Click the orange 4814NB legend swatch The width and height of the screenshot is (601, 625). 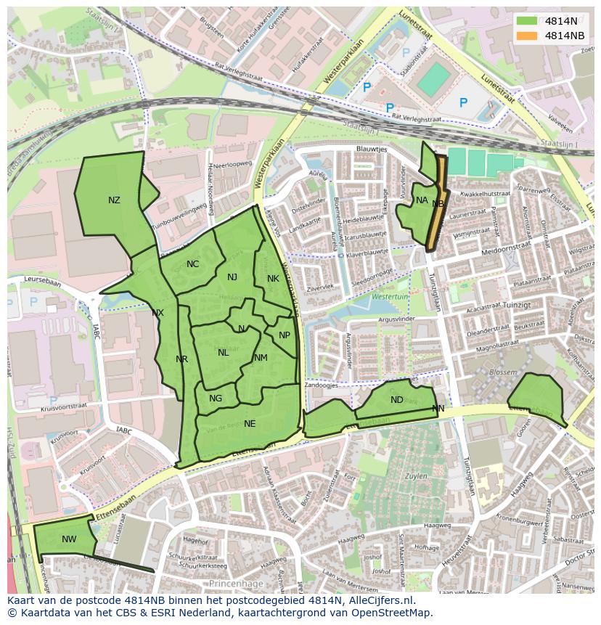tap(528, 36)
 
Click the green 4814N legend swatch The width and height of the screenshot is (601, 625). tap(528, 21)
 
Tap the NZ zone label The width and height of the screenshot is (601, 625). tap(114, 200)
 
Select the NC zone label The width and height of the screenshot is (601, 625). tap(192, 264)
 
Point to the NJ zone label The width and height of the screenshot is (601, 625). tap(232, 277)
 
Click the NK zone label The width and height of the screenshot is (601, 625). tap(273, 279)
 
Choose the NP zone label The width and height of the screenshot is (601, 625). tap(285, 335)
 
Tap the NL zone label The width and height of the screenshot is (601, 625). tap(223, 353)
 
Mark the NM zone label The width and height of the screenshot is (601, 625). tap(261, 358)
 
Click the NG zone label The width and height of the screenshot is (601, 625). tap(216, 399)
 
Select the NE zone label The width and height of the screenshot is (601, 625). tap(250, 424)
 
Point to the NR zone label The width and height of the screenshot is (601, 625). tap(181, 359)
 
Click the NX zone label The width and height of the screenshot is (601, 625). tap(158, 313)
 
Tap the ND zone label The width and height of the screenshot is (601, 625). tap(396, 400)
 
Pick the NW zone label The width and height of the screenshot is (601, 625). tap(69, 539)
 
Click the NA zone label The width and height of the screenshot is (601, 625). tap(422, 200)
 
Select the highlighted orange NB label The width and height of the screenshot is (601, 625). tap(438, 204)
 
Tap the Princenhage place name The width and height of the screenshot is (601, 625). tap(234, 584)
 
